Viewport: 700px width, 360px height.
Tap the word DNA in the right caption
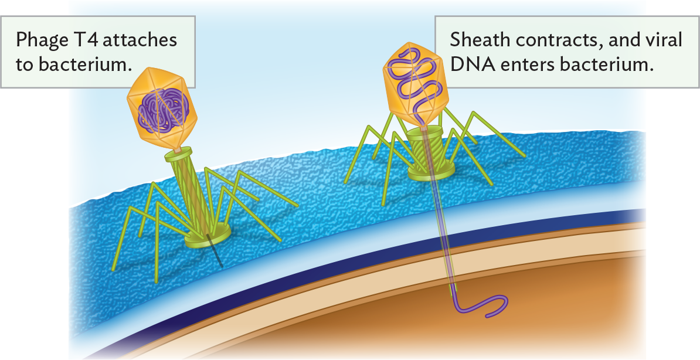tap(468, 64)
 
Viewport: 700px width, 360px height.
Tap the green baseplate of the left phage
tap(207, 235)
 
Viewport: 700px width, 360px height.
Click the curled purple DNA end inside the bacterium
tap(487, 305)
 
